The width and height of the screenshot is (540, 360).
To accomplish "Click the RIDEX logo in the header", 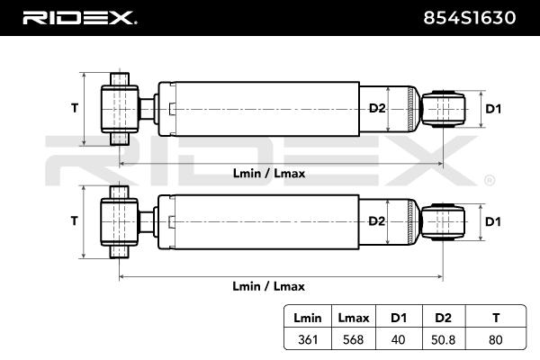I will point(79,17).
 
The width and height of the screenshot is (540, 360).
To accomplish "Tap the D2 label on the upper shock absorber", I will point(376,109).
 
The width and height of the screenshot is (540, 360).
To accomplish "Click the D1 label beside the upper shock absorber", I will point(492,109).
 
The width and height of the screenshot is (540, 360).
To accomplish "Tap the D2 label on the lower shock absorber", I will point(376,221).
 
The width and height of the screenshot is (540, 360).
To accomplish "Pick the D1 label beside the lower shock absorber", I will point(492,221).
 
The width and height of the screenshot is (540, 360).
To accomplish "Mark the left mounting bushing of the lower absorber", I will point(118,221).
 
